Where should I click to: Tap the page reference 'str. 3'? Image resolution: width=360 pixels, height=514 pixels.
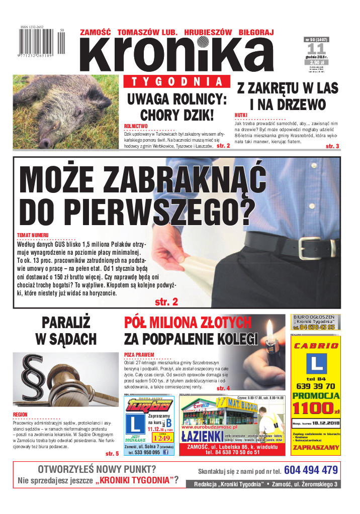332,146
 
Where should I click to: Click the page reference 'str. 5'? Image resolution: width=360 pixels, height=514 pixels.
112,454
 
